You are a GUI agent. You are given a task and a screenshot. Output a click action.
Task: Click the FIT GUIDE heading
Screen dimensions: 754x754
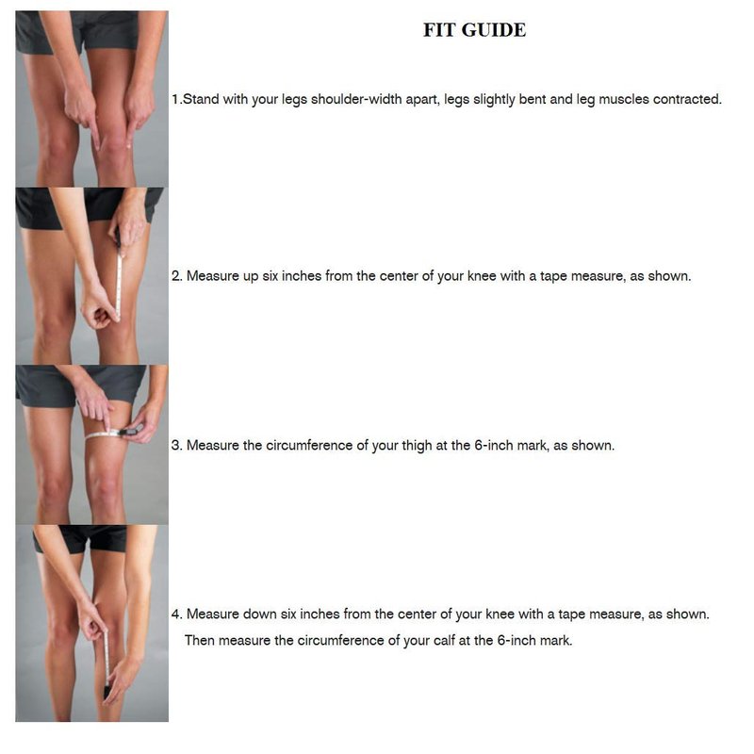474,30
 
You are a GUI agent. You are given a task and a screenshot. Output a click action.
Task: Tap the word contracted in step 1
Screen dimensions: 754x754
687,99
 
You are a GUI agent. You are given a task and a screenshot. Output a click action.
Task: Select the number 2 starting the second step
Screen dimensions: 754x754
176,276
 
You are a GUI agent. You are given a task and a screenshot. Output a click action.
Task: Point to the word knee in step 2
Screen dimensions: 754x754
482,276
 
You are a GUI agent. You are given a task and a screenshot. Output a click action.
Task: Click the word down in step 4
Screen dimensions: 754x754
258,615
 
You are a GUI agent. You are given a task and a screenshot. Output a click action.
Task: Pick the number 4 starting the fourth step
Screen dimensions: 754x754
176,615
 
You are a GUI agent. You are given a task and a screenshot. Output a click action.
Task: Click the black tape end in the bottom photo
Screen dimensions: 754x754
107,693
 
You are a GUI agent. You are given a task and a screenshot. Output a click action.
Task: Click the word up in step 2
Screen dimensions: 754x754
251,277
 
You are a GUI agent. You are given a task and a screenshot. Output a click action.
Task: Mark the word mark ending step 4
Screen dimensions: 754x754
556,641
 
